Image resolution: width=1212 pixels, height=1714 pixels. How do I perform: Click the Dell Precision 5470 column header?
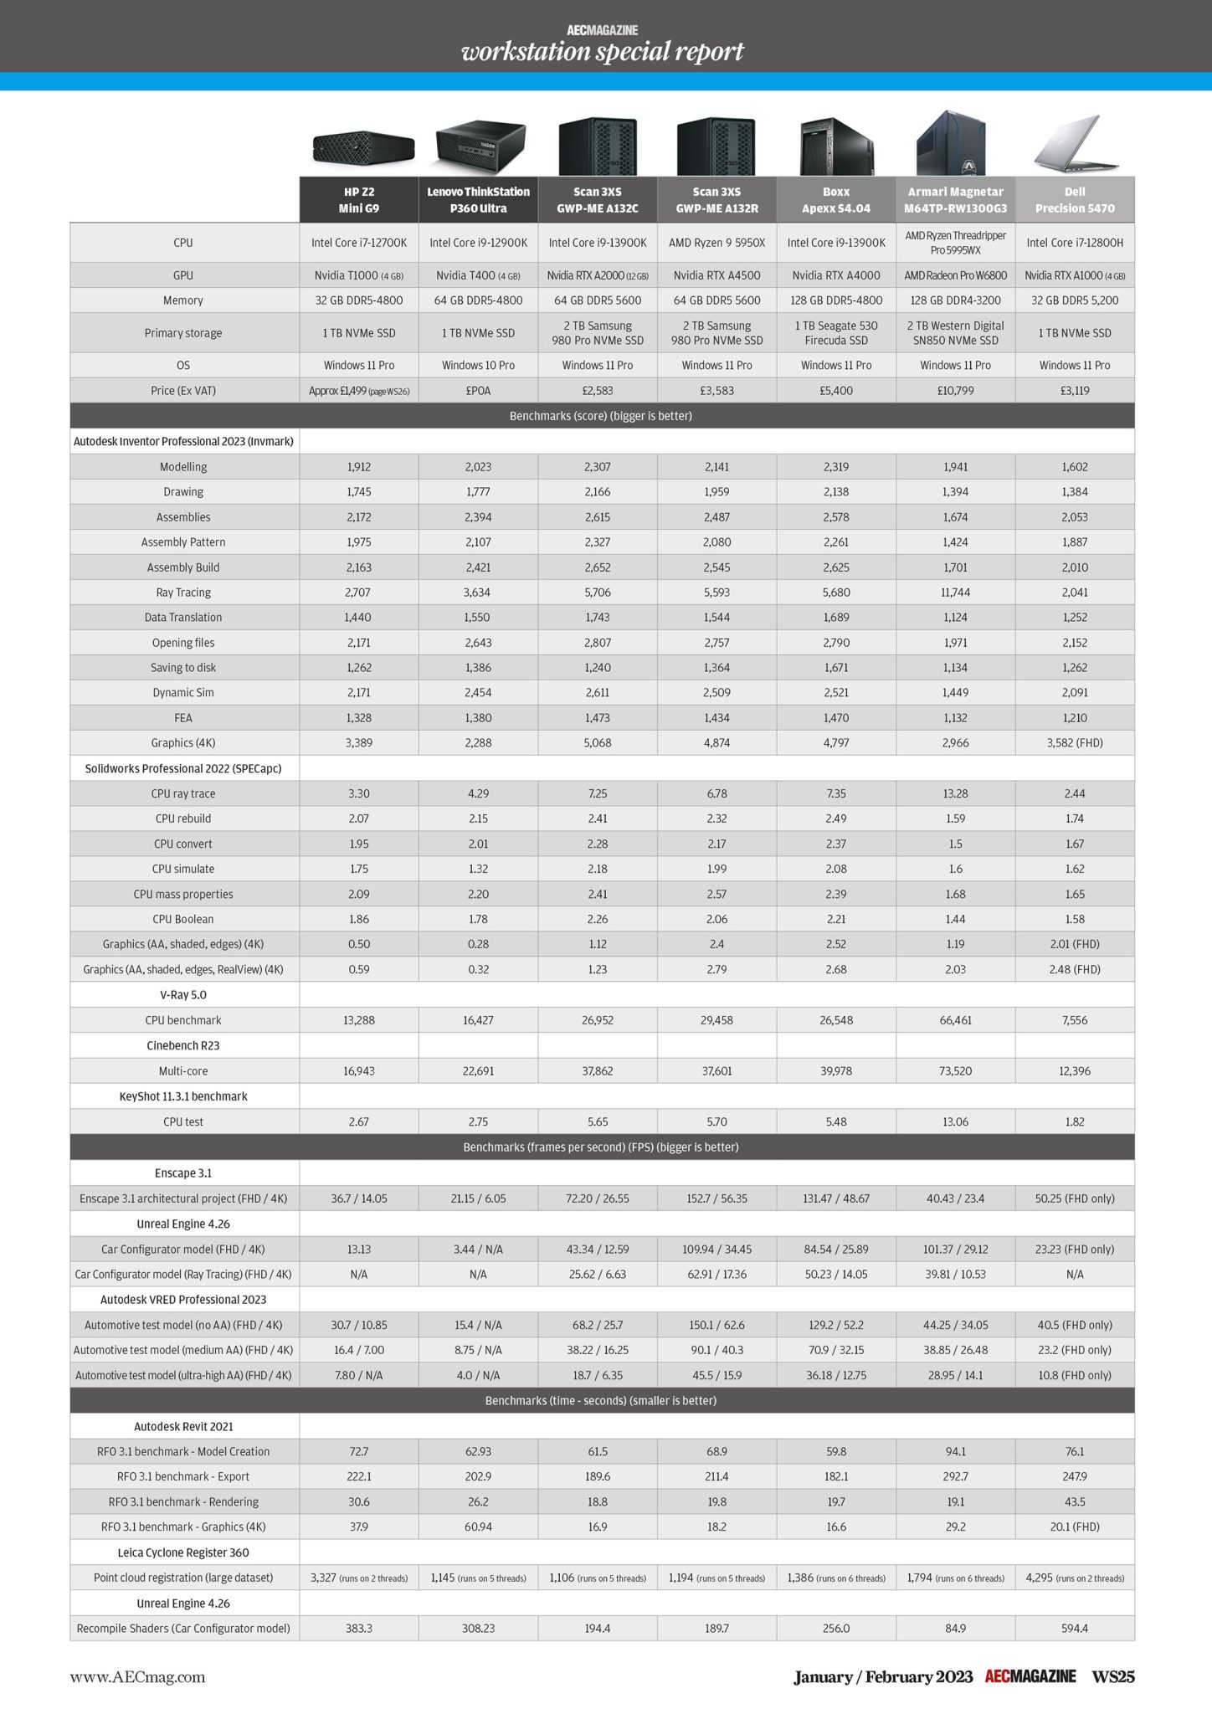pos(1075,200)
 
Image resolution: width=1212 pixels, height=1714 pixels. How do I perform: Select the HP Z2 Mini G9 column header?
pos(359,200)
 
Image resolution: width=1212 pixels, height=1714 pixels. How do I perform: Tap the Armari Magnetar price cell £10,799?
pos(955,390)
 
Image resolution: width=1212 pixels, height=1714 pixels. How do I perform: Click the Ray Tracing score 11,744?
pos(955,593)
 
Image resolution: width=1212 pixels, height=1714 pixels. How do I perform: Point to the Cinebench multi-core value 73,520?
pos(955,1071)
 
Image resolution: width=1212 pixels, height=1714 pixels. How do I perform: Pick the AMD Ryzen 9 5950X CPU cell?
pos(716,243)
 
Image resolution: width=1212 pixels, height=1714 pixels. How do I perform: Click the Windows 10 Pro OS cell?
pos(478,366)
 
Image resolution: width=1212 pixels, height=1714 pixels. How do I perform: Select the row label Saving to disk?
pos(183,668)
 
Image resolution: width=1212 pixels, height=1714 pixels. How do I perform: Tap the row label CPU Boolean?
pos(183,919)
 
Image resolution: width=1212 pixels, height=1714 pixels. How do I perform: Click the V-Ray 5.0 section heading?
pos(183,995)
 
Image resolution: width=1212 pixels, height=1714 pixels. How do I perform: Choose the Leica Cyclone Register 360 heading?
pos(183,1552)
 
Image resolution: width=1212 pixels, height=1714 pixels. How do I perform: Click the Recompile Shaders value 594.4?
pos(1075,1629)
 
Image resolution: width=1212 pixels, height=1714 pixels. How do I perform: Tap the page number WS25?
pos(1112,1677)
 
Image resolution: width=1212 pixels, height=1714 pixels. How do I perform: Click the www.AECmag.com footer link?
pos(137,1677)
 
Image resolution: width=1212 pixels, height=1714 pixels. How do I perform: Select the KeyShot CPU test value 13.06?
pos(955,1122)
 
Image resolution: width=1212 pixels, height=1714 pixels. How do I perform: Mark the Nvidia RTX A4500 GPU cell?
pos(716,275)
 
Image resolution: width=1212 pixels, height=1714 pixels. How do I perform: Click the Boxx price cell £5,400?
pos(836,390)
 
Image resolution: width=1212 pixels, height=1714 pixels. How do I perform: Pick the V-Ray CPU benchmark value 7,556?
pos(1075,1020)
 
